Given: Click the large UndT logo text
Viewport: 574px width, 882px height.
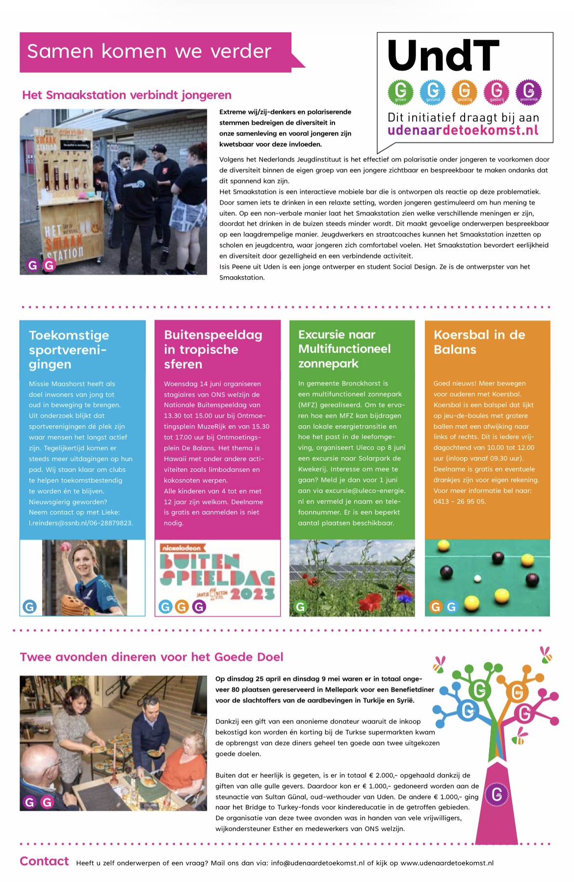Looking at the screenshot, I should point(443,55).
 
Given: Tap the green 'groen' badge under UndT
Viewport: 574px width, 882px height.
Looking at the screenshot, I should point(401,91).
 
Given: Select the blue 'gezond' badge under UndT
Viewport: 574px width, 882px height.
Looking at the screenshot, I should point(433,91).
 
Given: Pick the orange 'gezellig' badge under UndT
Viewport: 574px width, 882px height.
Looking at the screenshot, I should point(464,91).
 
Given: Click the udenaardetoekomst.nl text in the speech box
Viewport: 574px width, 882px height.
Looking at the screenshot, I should point(463,130).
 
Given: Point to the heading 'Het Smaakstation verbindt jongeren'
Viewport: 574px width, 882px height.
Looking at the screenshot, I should point(127,95).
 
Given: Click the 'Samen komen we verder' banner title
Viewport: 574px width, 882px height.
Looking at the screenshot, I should point(149,52).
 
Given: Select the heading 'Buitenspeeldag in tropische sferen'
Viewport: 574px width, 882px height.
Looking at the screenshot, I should point(213,349).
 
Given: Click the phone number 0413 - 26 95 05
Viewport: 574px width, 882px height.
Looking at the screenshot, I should point(460,501).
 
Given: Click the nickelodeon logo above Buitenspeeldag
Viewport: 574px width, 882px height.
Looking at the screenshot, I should point(181,547).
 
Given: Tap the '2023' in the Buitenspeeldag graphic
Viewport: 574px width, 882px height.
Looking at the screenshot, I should point(252,594).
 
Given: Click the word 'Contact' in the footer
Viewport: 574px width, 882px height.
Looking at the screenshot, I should point(44,861).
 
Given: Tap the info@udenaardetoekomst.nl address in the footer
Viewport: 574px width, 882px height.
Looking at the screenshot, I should point(317,863).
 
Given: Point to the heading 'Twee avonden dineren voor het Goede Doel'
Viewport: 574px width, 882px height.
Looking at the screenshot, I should point(152,657).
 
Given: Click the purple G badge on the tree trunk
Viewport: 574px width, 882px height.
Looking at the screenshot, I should point(496,794).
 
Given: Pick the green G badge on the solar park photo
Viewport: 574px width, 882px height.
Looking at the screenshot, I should point(300,607).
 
